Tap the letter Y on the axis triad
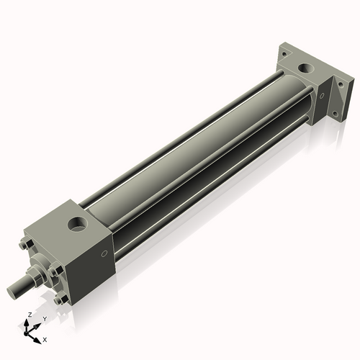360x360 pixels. (44, 319)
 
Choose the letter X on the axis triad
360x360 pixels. (45, 338)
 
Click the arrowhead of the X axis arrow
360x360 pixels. (40, 337)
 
